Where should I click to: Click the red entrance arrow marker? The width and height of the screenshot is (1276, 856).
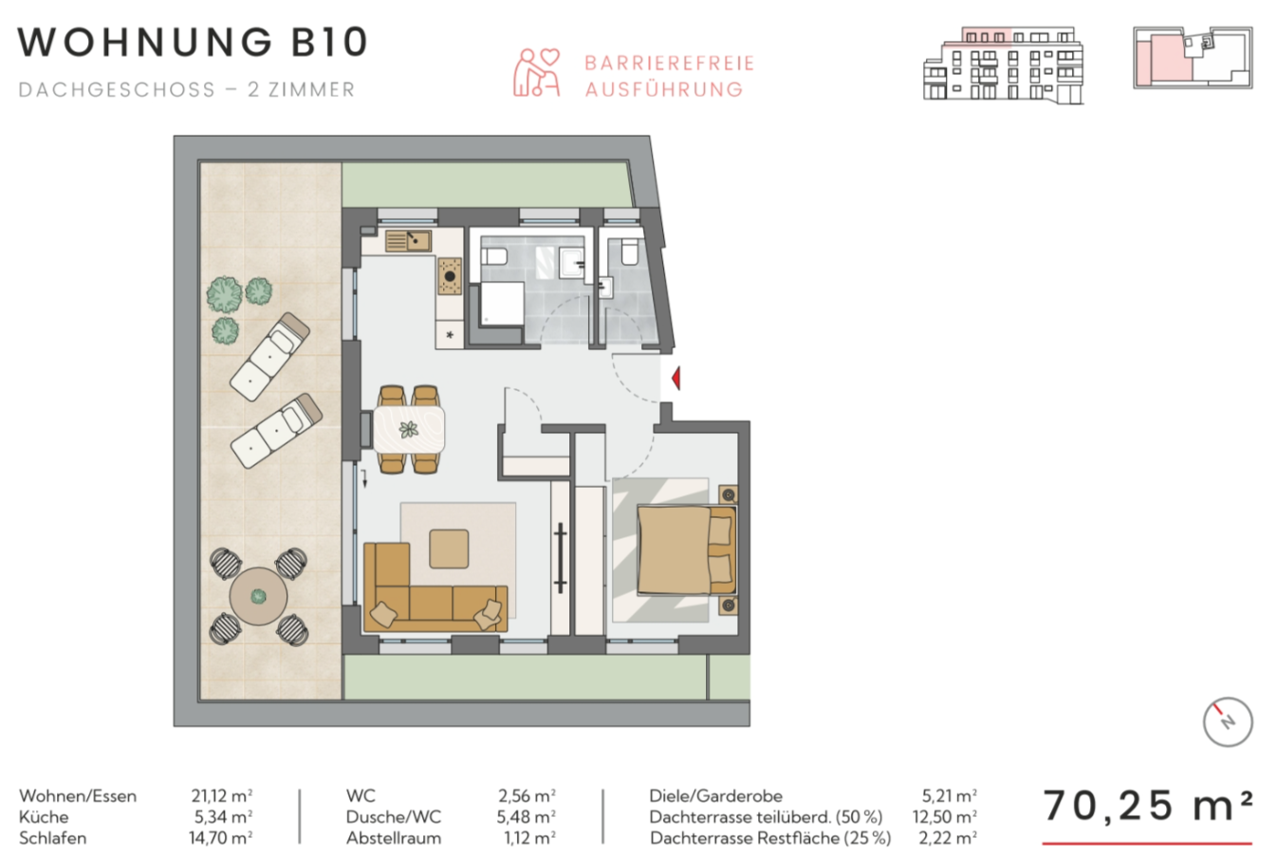[676, 379]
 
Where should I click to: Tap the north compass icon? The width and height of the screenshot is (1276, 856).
[1228, 722]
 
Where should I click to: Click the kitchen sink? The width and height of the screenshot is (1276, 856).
[408, 240]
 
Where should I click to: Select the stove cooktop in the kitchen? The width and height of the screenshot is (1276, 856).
[450, 276]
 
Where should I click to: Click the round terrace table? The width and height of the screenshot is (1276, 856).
[258, 596]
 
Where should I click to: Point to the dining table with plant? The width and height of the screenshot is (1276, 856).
[409, 429]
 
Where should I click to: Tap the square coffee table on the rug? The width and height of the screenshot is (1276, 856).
[449, 549]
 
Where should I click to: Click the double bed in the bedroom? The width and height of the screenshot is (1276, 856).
[687, 550]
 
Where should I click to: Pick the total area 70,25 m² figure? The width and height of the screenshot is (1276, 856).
[1147, 807]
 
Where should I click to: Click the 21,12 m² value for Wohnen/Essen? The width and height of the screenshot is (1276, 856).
[222, 795]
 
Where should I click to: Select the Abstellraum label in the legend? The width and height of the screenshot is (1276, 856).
[394, 838]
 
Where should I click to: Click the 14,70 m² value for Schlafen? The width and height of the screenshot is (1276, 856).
[221, 838]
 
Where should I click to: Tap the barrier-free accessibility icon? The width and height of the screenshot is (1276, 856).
[536, 72]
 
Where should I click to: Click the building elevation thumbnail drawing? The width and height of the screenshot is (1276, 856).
[1003, 65]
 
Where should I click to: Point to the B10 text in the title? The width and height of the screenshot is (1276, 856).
[329, 42]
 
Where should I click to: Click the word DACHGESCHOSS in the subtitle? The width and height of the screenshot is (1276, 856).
[117, 90]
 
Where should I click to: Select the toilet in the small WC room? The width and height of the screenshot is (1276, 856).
[630, 251]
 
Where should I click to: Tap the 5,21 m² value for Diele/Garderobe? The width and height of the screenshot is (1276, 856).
[950, 795]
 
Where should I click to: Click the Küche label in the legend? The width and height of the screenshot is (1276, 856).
[44, 817]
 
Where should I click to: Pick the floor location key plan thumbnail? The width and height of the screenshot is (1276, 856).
[1193, 58]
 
